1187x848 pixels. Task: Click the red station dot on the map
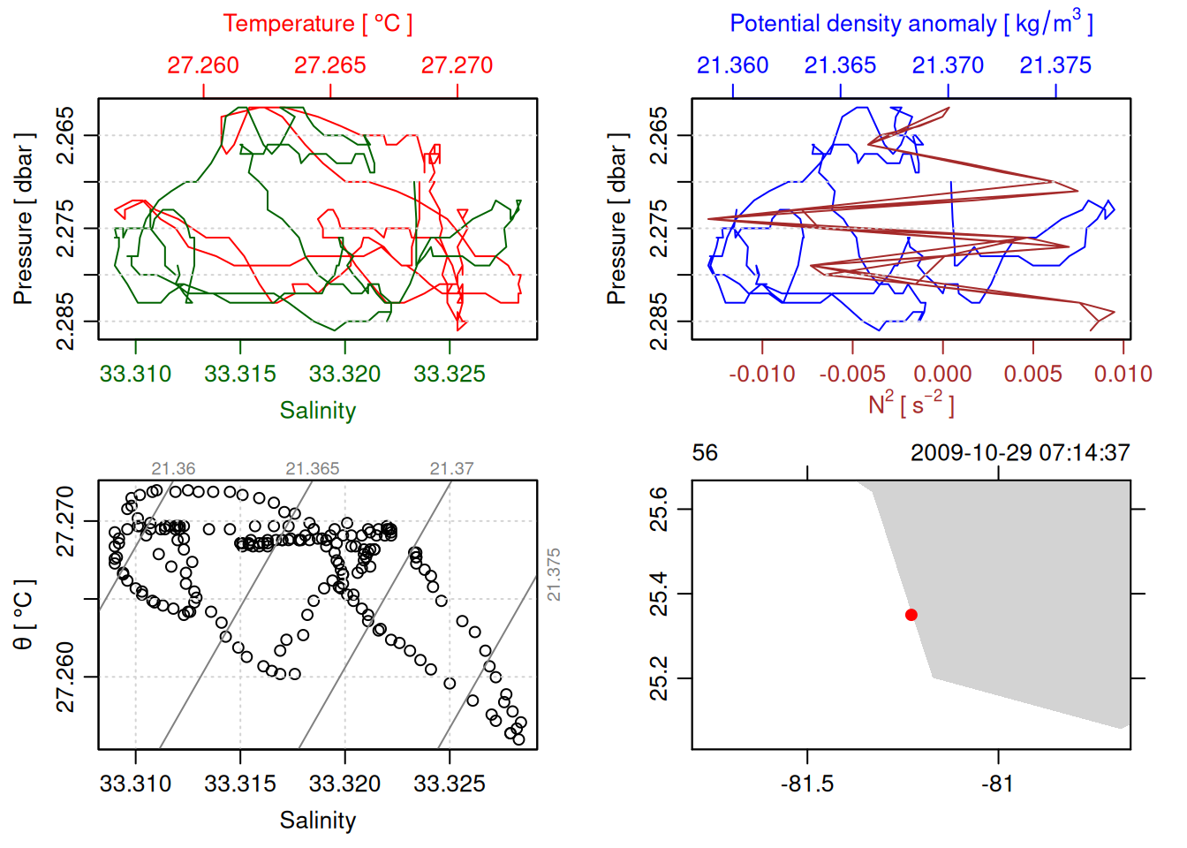911,615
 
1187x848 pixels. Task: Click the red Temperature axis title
317,24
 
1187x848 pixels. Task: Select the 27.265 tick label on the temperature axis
329,65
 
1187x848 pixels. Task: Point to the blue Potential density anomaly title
911,24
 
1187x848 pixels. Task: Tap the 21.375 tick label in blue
1055,65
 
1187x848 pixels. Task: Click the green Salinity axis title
317,411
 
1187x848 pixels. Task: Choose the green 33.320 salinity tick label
344,375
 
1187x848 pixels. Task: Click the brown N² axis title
911,405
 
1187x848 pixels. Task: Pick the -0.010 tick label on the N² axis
761,375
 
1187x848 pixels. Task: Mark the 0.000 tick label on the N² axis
942,375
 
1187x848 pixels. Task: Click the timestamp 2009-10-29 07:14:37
1020,453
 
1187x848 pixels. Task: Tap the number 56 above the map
705,453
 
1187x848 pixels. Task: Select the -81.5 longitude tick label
807,784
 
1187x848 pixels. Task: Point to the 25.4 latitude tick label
660,594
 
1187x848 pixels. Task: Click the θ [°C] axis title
24,615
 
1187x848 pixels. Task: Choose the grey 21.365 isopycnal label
313,469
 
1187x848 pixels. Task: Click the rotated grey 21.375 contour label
554,575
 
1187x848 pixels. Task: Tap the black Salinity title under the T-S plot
317,821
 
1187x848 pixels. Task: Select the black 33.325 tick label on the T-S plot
450,784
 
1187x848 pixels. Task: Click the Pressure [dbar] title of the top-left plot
24,219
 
